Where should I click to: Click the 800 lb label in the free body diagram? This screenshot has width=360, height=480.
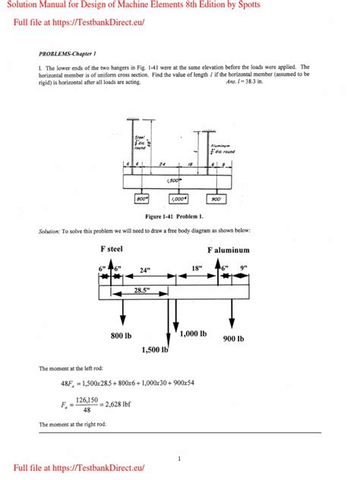tap(124, 335)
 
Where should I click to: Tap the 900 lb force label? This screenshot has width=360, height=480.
tap(234, 339)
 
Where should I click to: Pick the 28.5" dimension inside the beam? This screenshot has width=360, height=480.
tap(140, 290)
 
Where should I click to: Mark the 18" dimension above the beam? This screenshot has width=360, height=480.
tap(197, 268)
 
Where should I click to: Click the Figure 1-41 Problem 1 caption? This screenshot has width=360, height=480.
tap(179, 215)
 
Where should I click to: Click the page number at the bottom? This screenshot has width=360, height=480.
tap(179, 459)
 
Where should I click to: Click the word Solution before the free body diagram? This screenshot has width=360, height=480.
tap(50, 229)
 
